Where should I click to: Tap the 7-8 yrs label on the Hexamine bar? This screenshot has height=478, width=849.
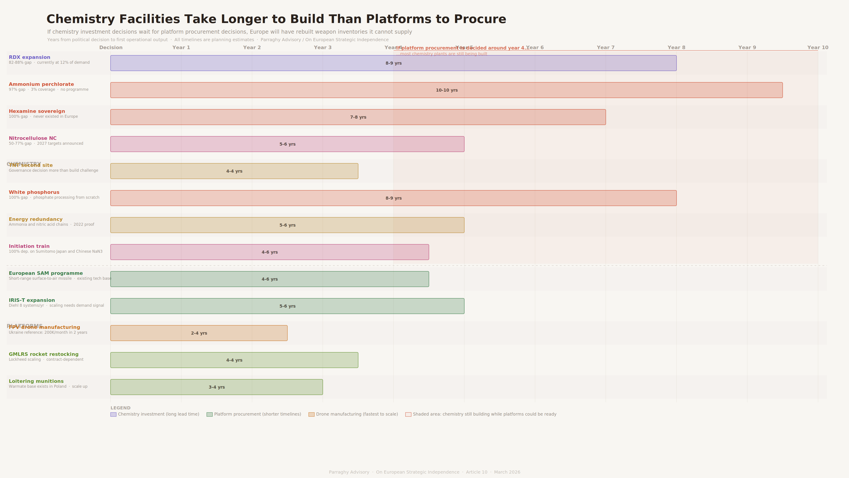click(x=358, y=117)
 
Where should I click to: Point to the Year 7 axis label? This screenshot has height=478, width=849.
click(x=605, y=48)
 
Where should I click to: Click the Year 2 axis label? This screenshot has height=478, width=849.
click(x=252, y=48)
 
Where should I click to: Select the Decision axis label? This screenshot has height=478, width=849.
click(x=111, y=48)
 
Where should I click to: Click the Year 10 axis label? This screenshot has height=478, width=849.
click(x=817, y=48)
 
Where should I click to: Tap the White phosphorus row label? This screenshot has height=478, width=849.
click(x=34, y=192)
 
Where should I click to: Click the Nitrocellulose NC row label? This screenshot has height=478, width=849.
click(x=33, y=138)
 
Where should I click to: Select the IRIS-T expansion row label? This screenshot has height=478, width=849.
click(x=32, y=300)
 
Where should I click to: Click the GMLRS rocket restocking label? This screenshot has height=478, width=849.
click(x=44, y=354)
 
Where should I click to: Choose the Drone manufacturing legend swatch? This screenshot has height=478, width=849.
click(x=311, y=414)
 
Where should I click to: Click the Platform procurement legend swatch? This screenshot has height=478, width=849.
click(x=209, y=414)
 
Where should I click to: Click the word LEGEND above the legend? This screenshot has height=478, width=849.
click(x=120, y=408)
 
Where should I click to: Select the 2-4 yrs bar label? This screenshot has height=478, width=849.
click(x=199, y=333)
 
